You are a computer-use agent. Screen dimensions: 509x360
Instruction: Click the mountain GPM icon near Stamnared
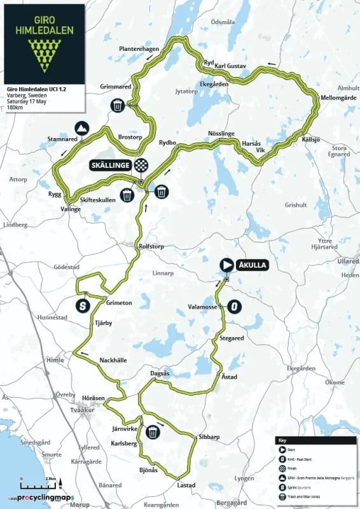[x=82, y=127]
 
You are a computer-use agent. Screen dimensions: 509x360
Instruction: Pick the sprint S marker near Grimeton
[x=82, y=305]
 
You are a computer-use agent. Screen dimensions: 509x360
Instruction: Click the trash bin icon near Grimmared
[x=118, y=106]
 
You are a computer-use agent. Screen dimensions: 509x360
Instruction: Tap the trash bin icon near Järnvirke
[x=153, y=433]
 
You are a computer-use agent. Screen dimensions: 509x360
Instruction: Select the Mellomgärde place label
[x=339, y=98]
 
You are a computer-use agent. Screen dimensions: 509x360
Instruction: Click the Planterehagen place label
[x=139, y=49]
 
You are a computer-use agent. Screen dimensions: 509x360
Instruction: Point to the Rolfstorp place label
[x=153, y=247]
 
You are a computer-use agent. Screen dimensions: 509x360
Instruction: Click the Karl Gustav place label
[x=230, y=66]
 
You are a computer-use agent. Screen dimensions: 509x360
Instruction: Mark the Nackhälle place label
[x=113, y=361]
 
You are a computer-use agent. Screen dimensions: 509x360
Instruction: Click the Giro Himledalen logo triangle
[x=43, y=54]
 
